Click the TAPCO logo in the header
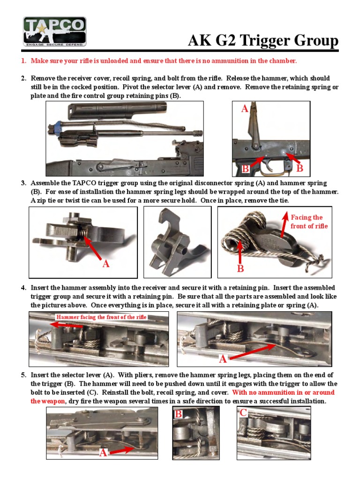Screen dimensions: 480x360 coord(54,31)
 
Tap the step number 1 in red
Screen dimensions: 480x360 coord(22,61)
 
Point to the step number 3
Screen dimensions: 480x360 coord(23,183)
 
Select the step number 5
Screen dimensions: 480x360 coord(23,375)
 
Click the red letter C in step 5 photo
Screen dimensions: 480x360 coord(243,413)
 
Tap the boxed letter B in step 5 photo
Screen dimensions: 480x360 coord(179,414)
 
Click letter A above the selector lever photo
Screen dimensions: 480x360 coord(244,109)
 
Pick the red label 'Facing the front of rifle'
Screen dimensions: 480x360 coord(307,222)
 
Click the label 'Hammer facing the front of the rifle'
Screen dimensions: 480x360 coord(102,317)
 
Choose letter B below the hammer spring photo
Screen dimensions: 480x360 coord(240,269)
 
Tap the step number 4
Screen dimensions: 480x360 coord(23,288)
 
